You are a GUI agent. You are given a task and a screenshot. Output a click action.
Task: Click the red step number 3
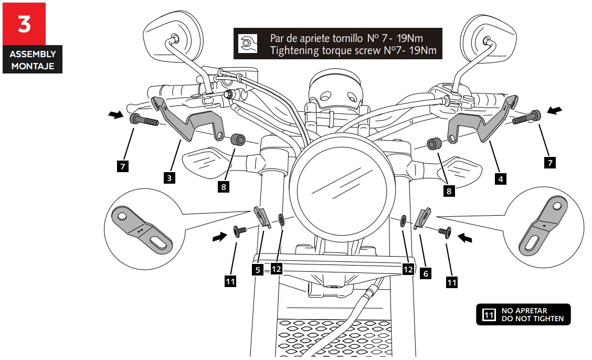coord(24,24)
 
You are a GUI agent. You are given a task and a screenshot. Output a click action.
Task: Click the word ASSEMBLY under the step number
coord(33,54)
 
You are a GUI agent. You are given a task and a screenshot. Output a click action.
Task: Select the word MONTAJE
coord(33,66)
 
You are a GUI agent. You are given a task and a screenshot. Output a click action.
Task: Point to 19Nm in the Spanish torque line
coord(409,38)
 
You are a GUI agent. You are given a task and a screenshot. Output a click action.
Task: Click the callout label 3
coord(169,178)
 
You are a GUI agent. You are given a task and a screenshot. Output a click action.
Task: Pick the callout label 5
coord(257,270)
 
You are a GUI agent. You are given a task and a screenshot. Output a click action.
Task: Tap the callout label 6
coord(426,273)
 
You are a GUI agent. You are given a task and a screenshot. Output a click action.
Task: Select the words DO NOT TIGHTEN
coord(532,319)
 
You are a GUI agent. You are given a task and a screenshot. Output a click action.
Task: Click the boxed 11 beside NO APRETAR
coord(489,315)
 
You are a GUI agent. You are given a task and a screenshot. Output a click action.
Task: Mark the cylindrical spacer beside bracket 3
coord(239,140)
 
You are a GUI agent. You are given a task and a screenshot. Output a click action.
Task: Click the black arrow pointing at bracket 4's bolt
coord(556,110)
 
